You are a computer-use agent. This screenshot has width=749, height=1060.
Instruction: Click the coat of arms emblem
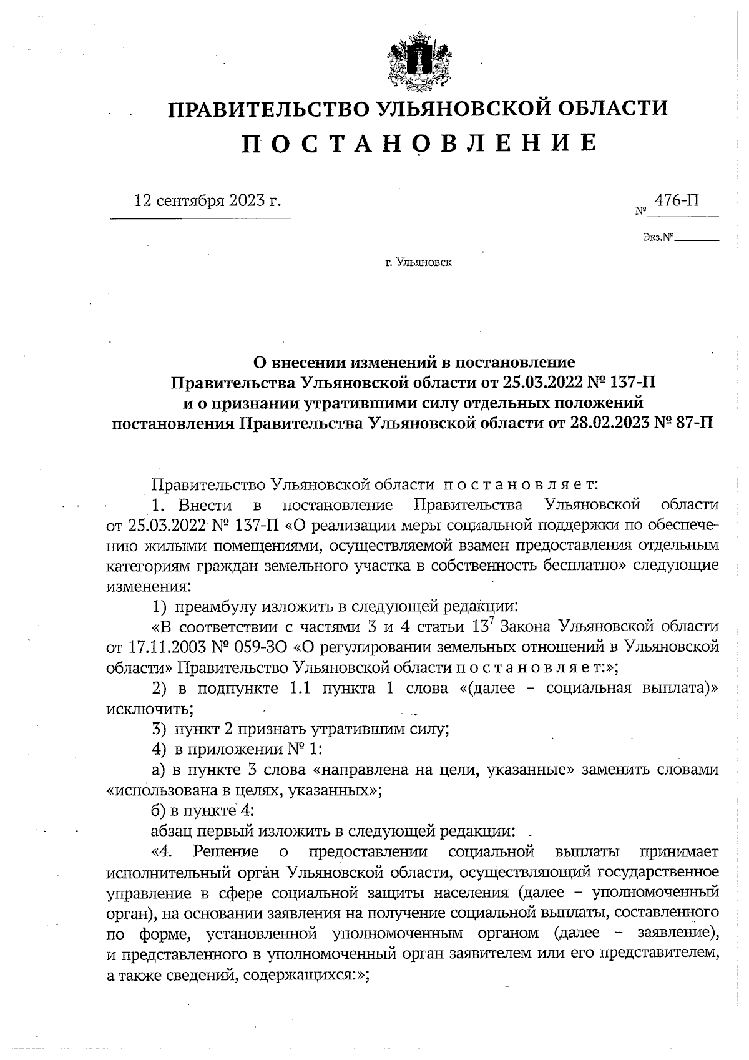coord(418,62)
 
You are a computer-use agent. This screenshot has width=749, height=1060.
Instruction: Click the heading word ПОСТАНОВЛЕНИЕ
coord(418,143)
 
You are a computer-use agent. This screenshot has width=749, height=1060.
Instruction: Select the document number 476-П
coord(676,200)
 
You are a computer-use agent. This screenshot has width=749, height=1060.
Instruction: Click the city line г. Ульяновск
coord(418,263)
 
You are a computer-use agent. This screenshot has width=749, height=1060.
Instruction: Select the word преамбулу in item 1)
coord(217,606)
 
